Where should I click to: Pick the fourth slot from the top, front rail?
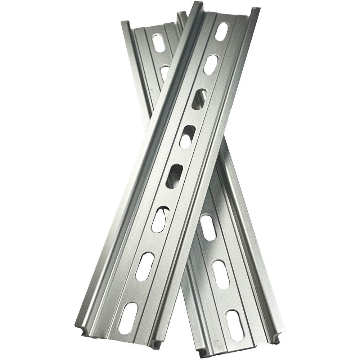188,135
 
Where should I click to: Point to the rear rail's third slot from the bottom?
208,225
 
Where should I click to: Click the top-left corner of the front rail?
197,4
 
